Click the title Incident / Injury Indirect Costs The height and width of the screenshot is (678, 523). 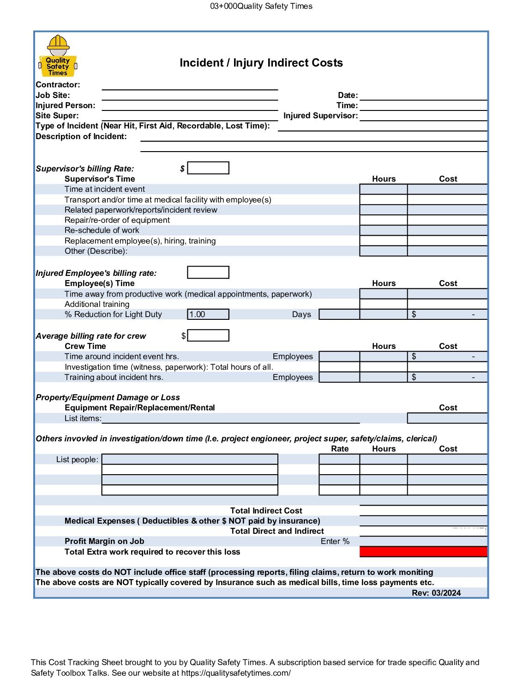tap(261, 63)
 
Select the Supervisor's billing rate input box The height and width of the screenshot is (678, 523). tap(208, 168)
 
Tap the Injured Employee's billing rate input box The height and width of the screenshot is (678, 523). tap(208, 273)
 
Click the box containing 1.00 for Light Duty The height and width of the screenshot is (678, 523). tap(208, 314)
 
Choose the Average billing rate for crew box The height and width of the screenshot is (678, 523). tap(208, 336)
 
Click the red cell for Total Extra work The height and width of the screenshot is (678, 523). tap(423, 551)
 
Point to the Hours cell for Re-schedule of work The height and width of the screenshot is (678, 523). tap(383, 230)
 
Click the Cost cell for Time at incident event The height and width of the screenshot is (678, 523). tap(447, 189)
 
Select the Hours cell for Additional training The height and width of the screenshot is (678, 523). tap(383, 304)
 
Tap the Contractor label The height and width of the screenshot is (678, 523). tap(58, 85)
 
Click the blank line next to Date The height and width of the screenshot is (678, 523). tap(423, 95)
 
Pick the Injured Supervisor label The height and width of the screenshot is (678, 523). tap(320, 116)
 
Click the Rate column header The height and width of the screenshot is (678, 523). tap(340, 449)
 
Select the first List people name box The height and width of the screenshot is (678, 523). tap(190, 459)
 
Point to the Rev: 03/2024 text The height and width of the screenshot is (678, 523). tap(436, 593)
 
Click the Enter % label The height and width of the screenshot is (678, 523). tap(335, 541)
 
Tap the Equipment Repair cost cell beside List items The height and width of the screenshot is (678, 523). tap(447, 418)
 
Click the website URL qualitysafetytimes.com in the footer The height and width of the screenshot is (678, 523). tap(236, 673)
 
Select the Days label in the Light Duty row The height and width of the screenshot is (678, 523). tap(301, 314)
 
